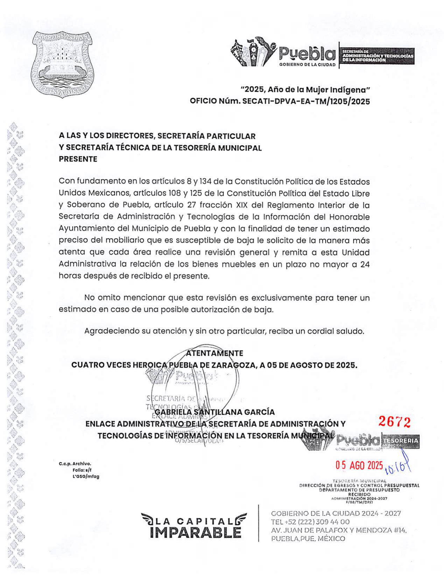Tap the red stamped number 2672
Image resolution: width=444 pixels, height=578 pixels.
pyautogui.click(x=394, y=422)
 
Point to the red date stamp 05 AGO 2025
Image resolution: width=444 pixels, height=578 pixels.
pyautogui.click(x=359, y=465)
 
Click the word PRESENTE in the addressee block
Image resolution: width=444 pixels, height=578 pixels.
pyautogui.click(x=78, y=159)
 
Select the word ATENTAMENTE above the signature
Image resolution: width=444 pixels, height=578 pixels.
pyautogui.click(x=214, y=353)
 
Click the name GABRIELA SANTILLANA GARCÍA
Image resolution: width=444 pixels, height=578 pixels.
pyautogui.click(x=214, y=412)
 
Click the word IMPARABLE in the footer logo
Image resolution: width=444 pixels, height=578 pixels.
pyautogui.click(x=195, y=533)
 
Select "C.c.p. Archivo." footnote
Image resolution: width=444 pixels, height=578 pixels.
pyautogui.click(x=75, y=464)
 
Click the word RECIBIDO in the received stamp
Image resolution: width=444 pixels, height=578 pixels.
pyautogui.click(x=359, y=494)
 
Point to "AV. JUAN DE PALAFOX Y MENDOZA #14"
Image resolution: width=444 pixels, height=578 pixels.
pyautogui.click(x=338, y=530)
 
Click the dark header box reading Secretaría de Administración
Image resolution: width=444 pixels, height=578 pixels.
pyautogui.click(x=378, y=56)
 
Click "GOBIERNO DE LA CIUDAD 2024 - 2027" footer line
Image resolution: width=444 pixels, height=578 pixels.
pyautogui.click(x=336, y=513)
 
